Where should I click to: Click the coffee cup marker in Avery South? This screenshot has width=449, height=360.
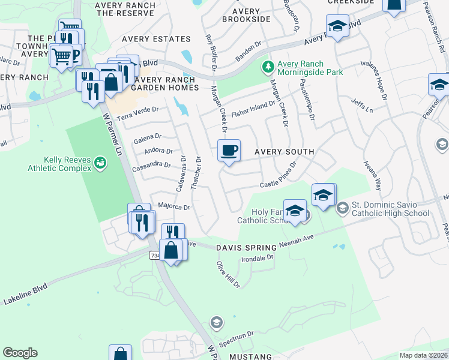(229, 151)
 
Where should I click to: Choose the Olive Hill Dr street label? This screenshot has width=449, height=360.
(228, 274)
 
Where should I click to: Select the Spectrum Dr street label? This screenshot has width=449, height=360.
(237, 339)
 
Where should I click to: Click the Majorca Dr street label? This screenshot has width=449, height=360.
(173, 208)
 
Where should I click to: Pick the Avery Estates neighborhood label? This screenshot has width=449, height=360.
(156, 39)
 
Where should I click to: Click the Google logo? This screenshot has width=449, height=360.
(20, 353)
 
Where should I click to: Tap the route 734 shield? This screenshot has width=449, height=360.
(155, 256)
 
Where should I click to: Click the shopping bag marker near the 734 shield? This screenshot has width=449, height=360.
(171, 250)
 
